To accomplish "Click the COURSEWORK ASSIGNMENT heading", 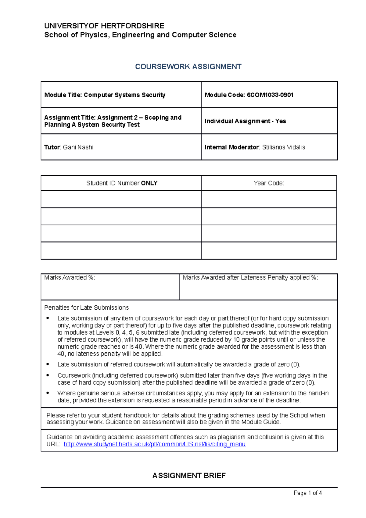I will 188,67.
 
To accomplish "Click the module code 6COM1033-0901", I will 270,95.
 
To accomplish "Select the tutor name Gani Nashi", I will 78,147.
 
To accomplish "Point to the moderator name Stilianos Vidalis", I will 283,147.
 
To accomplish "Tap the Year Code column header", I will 269,183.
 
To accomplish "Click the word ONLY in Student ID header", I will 149,183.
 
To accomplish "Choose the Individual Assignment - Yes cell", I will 245,121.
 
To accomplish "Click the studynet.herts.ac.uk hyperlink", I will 154,444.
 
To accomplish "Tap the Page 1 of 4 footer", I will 307,493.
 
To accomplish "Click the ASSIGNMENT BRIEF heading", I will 189,476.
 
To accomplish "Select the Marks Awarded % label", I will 70,278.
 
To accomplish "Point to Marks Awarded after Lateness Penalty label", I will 250,278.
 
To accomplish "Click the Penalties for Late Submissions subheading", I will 86,308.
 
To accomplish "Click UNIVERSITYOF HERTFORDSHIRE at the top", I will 104,26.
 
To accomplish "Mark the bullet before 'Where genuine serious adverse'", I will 48,393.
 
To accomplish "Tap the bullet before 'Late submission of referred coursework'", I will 48,364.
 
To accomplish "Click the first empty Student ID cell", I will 121,199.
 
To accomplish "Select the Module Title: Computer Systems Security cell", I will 105,95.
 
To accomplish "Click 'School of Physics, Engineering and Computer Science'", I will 140,35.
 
